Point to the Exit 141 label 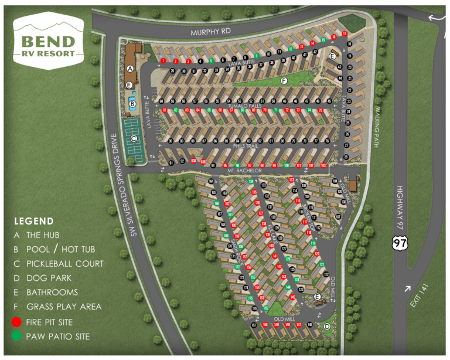[x=417, y=298]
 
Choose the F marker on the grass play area [x=283, y=80]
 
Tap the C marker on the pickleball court [x=134, y=138]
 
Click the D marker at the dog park [x=327, y=326]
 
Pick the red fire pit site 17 [x=345, y=34]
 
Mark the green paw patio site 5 [x=211, y=60]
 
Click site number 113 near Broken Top [x=291, y=179]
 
